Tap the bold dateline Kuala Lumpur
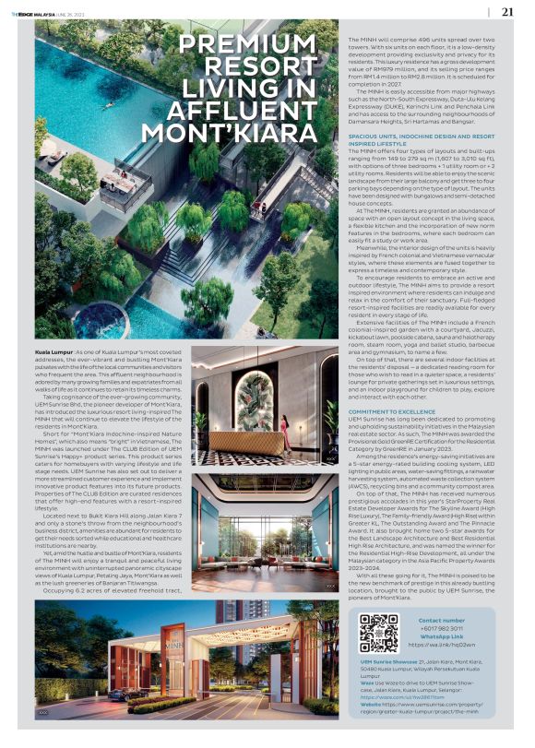(x=53, y=353)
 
